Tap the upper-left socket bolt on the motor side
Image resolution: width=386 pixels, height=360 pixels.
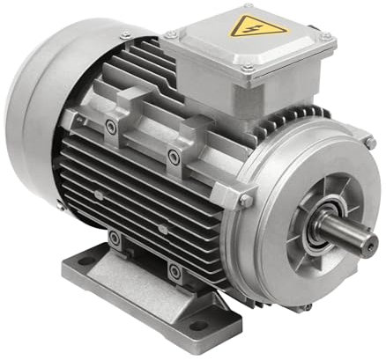[x=109, y=126]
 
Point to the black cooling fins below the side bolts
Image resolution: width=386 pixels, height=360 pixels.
[x=141, y=198]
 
